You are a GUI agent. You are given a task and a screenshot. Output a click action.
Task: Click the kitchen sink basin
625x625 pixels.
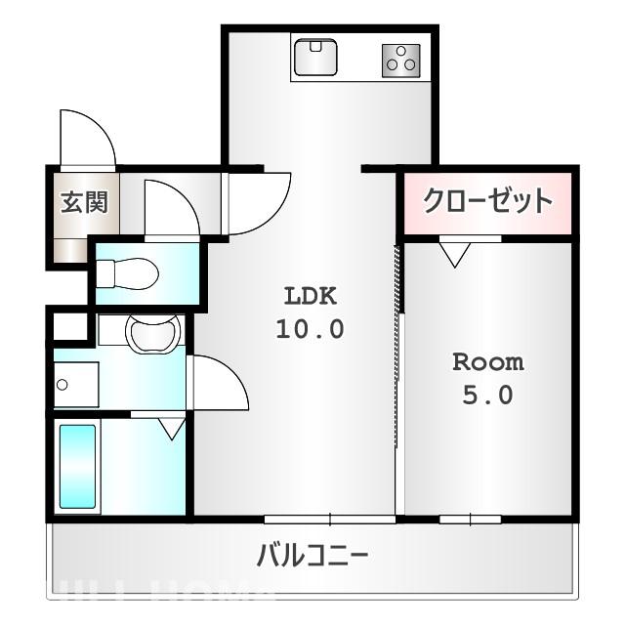tap(315, 57)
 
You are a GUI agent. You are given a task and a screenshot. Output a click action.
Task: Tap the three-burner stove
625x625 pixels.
tap(400, 61)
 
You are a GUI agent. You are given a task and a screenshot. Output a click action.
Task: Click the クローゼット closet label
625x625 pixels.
tap(487, 201)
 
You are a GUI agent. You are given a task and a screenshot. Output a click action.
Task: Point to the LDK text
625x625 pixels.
tap(310, 295)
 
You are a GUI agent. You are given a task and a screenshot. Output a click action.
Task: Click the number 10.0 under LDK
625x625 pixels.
tap(310, 329)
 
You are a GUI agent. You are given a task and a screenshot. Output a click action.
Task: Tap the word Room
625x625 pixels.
tap(487, 362)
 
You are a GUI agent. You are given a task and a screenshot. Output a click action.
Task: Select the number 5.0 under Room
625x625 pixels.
tap(488, 396)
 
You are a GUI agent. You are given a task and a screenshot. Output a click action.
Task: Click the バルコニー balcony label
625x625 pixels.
tap(312, 558)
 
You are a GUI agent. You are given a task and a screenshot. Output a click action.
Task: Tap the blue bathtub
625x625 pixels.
tap(77, 466)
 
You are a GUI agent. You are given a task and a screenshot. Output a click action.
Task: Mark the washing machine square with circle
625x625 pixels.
tap(74, 384)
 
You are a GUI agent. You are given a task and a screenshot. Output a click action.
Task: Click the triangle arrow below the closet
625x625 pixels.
tap(454, 255)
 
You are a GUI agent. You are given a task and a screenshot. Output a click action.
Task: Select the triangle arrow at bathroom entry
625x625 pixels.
tap(172, 427)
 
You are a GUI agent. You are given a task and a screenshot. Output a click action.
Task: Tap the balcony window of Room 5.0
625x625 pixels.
tap(470, 518)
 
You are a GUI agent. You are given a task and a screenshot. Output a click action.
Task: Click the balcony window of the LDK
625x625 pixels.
tap(329, 518)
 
